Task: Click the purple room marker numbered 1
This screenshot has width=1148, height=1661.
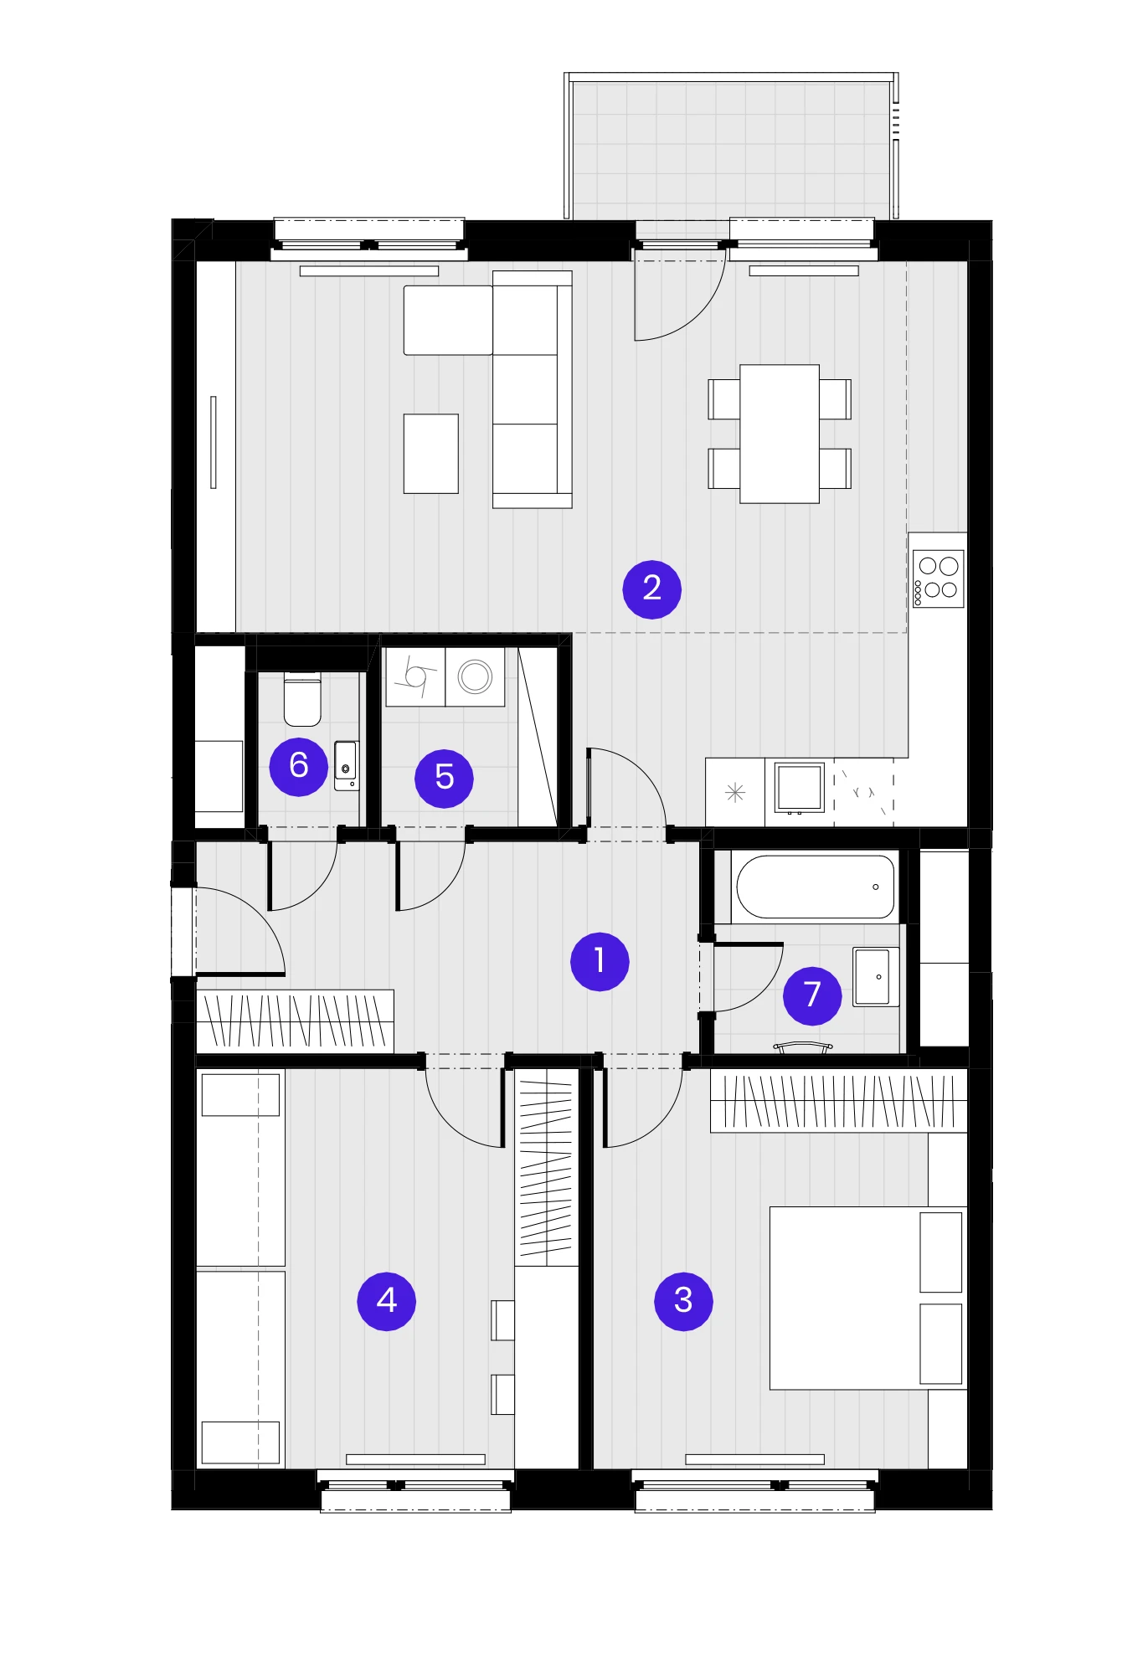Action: [600, 961]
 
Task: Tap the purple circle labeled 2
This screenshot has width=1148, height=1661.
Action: [651, 589]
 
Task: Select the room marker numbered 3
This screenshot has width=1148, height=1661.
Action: [683, 1300]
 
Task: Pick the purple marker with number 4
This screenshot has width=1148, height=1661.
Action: [386, 1300]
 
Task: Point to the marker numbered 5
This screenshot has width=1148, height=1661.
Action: [444, 778]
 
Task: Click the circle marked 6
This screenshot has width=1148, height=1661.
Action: [298, 766]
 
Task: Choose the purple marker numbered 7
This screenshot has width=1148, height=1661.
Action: [812, 995]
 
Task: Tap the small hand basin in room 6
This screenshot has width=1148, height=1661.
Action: [346, 765]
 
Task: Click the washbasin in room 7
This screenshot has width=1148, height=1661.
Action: [876, 977]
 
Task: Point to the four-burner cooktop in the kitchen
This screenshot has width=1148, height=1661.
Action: [938, 579]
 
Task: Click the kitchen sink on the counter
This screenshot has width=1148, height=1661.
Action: [799, 789]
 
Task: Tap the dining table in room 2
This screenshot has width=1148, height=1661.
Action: [780, 434]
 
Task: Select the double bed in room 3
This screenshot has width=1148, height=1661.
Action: [868, 1298]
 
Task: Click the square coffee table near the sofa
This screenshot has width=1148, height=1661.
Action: [431, 454]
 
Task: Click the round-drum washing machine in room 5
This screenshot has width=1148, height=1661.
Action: [475, 676]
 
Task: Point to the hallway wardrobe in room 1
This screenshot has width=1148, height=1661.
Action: [295, 1021]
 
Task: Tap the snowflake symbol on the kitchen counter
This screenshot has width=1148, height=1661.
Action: [734, 792]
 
